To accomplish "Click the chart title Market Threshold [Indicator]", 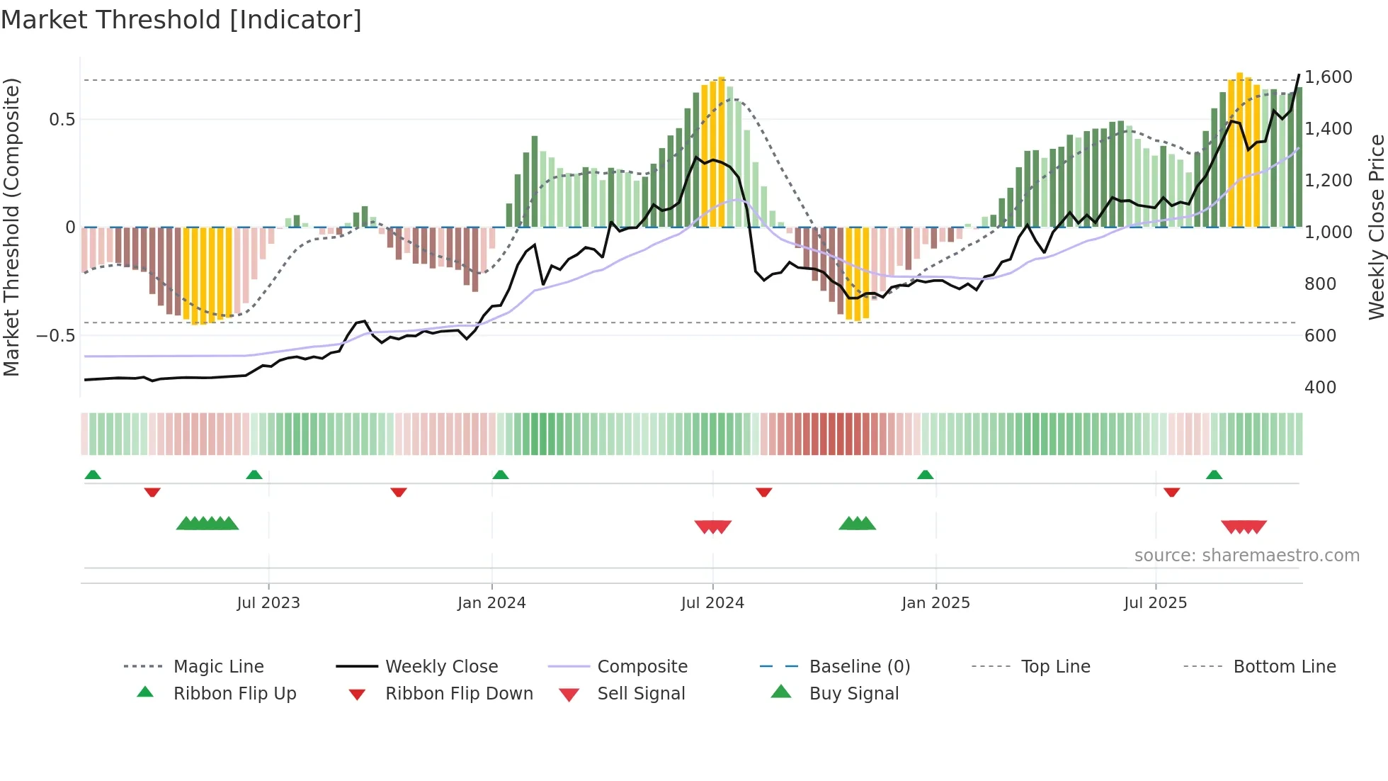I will [x=181, y=20].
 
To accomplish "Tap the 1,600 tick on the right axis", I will [x=1328, y=77].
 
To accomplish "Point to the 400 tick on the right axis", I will [x=1320, y=387].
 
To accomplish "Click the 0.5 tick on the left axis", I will [x=62, y=119].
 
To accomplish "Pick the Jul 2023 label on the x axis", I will [x=268, y=603].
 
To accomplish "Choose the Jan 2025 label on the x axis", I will [x=935, y=603].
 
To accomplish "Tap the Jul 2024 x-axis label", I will [x=712, y=603].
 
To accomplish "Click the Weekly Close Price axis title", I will [x=1376, y=227].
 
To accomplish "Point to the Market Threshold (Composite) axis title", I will [x=11, y=227].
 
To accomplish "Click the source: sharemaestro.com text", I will [x=1246, y=556].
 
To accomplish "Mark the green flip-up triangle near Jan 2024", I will [x=501, y=475].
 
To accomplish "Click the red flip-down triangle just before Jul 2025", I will [x=1171, y=492].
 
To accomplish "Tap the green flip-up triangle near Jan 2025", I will [x=925, y=475].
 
